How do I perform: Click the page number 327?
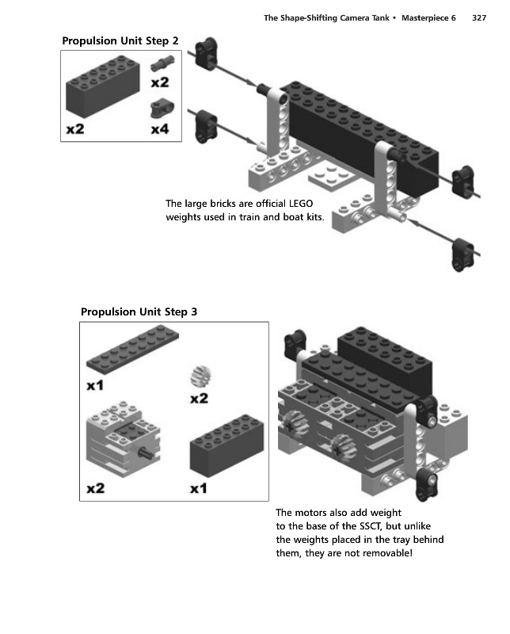[479, 17]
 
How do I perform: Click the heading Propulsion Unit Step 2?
[120, 41]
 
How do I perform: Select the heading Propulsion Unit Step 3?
[139, 311]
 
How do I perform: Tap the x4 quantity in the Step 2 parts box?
[160, 129]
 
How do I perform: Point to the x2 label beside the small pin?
[160, 82]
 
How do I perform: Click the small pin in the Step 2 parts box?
[162, 63]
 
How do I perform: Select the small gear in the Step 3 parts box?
[201, 376]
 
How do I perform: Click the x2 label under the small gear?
[200, 399]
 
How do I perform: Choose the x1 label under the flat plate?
[95, 386]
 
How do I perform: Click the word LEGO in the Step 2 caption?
[301, 204]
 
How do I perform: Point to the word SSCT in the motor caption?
[370, 526]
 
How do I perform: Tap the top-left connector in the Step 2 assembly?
[207, 53]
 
